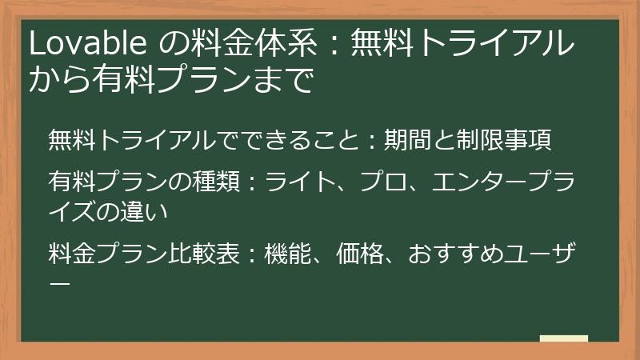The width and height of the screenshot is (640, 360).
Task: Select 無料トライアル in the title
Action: pyautogui.click(x=464, y=45)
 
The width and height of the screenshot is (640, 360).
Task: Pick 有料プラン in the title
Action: pyautogui.click(x=168, y=81)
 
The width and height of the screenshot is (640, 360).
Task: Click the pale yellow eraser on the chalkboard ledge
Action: pyautogui.click(x=563, y=339)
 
